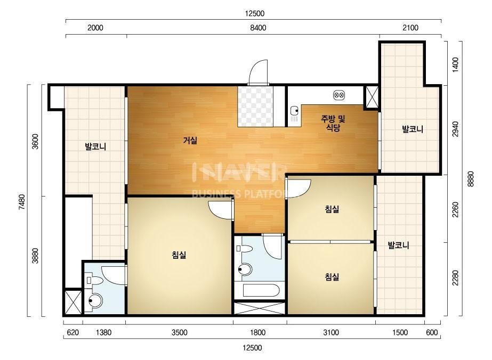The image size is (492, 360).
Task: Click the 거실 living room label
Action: [190, 140]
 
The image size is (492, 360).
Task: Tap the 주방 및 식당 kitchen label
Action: [333, 123]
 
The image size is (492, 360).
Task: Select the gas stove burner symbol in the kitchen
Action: [339, 94]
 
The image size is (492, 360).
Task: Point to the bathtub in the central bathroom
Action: [261, 291]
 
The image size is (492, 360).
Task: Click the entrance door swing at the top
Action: [258, 72]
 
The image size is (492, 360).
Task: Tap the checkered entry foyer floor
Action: [255, 107]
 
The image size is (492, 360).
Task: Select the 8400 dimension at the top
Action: [258, 28]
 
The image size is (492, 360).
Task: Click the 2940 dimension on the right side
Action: [455, 129]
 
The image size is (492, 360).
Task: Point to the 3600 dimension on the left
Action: [36, 142]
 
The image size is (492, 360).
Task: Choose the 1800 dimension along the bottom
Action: [257, 332]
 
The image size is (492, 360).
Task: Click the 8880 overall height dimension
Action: [470, 179]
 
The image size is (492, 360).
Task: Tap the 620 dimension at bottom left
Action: [73, 332]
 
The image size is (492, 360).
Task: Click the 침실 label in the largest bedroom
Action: [179, 255]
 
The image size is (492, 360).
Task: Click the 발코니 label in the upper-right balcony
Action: [413, 129]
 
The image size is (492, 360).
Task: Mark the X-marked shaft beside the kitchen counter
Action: [372, 97]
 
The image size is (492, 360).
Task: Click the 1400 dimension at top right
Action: [455, 64]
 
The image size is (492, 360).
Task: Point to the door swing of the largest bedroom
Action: [221, 209]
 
